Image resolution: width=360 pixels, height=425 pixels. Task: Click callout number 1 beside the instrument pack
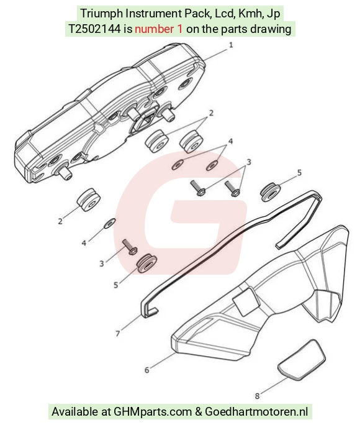click(231, 45)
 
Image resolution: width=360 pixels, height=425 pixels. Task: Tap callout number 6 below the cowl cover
click(147, 370)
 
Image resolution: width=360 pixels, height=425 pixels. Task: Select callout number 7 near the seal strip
click(118, 334)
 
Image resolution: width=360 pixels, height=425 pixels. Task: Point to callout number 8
click(257, 396)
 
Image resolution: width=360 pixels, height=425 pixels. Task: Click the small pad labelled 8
click(302, 359)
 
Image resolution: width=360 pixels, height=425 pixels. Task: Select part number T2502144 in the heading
click(94, 29)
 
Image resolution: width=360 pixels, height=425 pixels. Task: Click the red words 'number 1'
click(159, 29)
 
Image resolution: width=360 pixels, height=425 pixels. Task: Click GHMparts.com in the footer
click(153, 411)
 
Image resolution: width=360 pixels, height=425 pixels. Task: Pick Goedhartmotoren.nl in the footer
click(256, 411)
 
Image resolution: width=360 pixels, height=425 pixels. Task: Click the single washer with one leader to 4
click(110, 223)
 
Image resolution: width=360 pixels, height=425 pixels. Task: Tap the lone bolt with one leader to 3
click(130, 247)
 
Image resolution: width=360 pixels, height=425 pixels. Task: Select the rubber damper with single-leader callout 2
click(89, 199)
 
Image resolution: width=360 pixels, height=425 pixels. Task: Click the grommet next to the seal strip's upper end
click(270, 192)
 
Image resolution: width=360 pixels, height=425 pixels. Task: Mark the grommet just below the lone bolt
click(146, 263)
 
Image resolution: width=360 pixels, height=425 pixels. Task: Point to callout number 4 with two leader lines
click(230, 141)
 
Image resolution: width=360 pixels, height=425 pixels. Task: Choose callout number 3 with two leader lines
click(249, 162)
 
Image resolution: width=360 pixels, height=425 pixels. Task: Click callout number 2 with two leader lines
click(211, 112)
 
